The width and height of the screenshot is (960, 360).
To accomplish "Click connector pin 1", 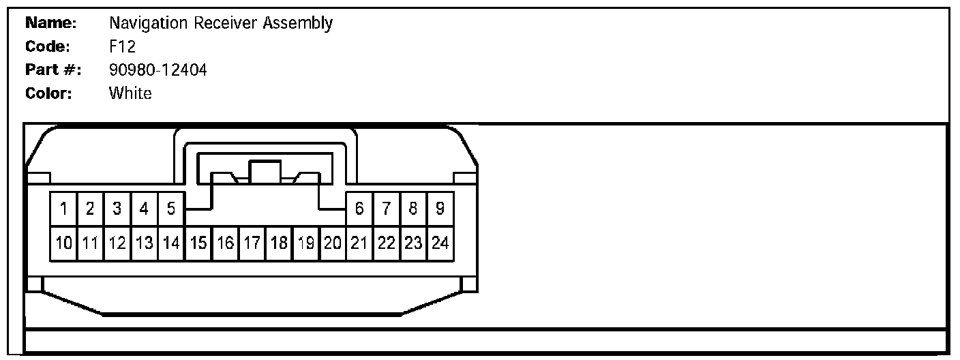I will point(63,209).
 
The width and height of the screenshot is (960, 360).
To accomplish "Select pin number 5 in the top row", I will point(171,209).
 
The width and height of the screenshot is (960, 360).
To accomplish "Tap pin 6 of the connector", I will point(359,209).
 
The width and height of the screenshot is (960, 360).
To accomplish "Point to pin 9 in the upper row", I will point(440,209).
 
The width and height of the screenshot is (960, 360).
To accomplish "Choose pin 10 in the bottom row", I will point(63,243).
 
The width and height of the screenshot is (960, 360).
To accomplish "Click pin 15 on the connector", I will point(198,243).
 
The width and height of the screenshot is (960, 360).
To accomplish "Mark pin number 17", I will point(252,243).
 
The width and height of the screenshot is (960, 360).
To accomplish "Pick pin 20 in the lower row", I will point(333,243).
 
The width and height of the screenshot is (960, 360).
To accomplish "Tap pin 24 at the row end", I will point(440,243).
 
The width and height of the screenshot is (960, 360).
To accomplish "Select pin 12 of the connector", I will point(117,243).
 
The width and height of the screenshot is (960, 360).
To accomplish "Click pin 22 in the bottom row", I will point(387,243).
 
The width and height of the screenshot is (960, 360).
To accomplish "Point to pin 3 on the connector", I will point(117,209).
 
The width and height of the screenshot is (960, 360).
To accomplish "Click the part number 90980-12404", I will point(158,70).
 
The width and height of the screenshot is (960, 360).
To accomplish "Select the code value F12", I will point(122,46).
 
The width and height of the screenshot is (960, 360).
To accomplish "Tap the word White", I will point(130,93).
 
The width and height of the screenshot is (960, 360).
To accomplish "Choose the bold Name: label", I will point(50,23).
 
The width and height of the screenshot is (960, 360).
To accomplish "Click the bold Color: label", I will point(48,93).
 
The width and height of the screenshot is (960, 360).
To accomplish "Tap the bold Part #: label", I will point(52,70).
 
